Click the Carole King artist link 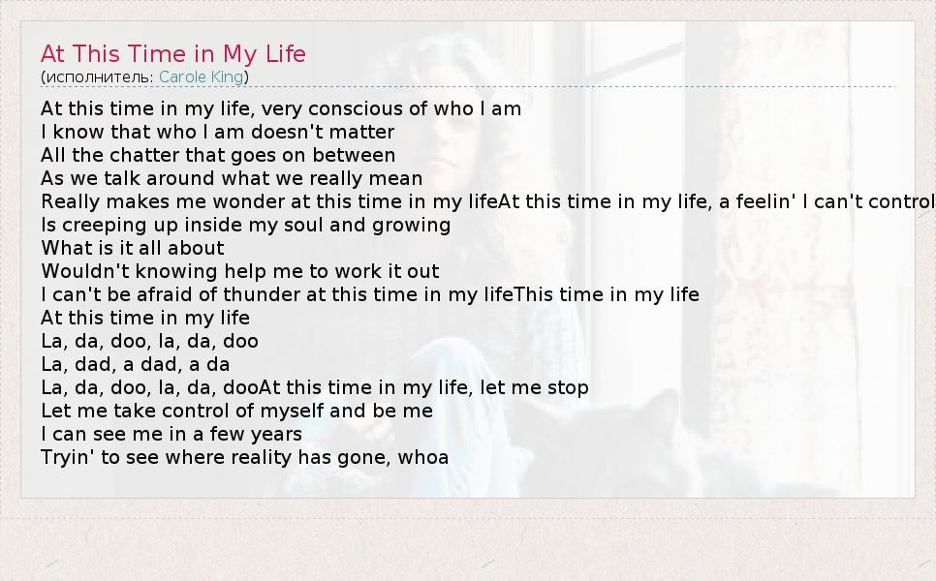point(201,76)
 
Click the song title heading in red point(173,53)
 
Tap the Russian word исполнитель point(100,76)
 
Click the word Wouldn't point(85,271)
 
